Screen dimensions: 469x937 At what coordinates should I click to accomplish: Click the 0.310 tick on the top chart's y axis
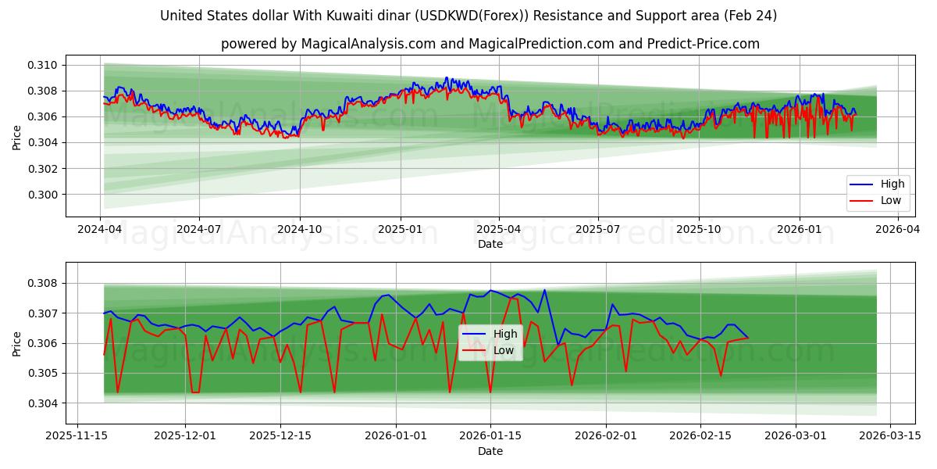tap(43, 65)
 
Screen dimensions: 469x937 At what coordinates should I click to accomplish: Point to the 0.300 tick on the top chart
tap(43, 195)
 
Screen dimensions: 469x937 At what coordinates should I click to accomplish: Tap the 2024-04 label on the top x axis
tap(99, 230)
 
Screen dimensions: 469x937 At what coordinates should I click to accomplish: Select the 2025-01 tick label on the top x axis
tap(400, 230)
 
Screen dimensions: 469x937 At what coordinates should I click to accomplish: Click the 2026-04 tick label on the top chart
tap(898, 230)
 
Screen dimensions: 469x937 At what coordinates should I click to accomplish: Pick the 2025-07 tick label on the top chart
tap(598, 230)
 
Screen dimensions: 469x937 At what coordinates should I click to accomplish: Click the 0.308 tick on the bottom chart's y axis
tap(43, 283)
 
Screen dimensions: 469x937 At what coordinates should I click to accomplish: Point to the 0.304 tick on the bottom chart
tap(43, 403)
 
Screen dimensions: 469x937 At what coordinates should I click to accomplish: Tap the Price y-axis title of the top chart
tap(17, 138)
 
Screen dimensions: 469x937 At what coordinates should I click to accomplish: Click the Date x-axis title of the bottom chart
tap(490, 451)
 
